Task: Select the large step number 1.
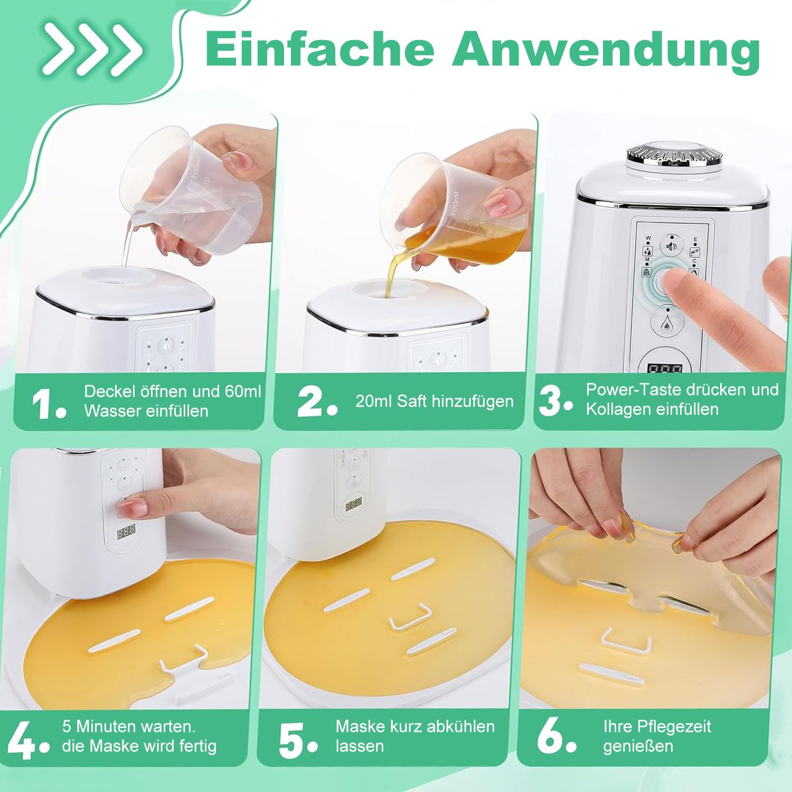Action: click(48, 405)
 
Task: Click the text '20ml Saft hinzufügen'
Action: click(434, 401)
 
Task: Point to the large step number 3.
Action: click(554, 402)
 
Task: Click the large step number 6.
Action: click(554, 738)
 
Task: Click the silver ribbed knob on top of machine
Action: click(674, 155)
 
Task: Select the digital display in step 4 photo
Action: click(126, 531)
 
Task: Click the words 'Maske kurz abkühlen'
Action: click(415, 727)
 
